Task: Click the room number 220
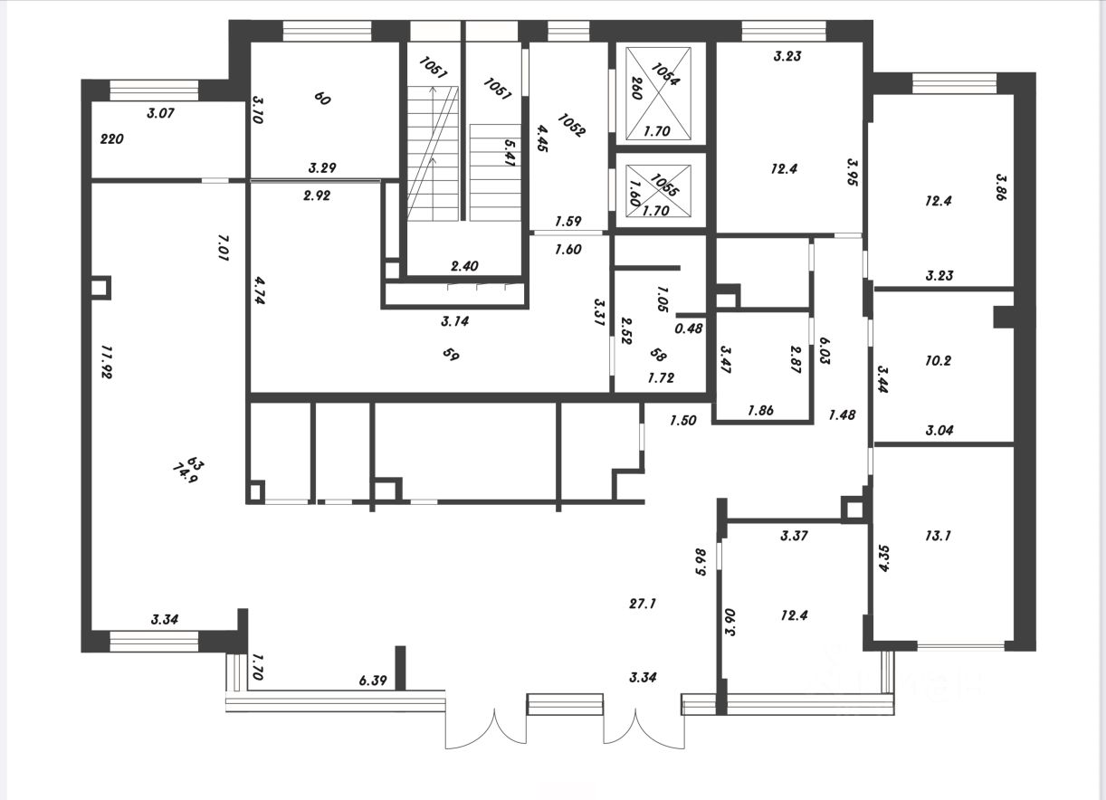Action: tap(112, 139)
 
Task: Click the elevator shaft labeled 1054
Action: tap(655, 94)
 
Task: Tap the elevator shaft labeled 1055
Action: tap(655, 191)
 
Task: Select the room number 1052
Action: tap(572, 124)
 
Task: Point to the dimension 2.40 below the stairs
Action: tap(464, 266)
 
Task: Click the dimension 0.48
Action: tap(689, 328)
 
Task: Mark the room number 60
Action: tap(321, 99)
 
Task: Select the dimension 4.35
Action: tap(885, 557)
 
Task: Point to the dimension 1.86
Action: tap(761, 410)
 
